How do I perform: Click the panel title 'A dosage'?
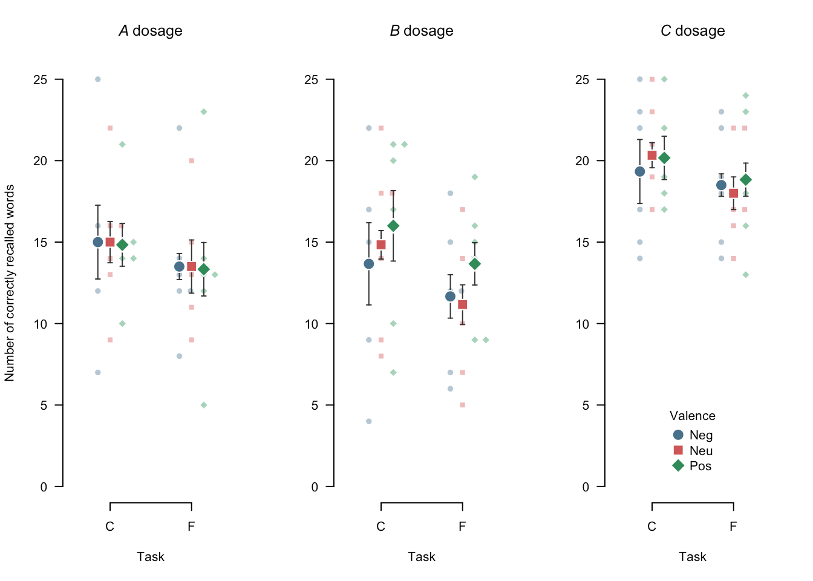coord(151,31)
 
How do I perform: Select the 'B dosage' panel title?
coord(422,31)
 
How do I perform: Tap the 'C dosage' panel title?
coord(693,31)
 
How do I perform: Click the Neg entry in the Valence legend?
coord(693,435)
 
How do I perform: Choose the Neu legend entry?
coord(693,451)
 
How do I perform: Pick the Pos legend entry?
coord(693,466)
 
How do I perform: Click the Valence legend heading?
coord(692,416)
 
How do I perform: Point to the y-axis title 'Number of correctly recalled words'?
coord(10,283)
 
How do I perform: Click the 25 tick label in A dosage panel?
coord(41,79)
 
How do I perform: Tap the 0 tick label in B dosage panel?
coord(315,487)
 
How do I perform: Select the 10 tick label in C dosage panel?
coord(583,324)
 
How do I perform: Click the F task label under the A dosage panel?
coord(191,527)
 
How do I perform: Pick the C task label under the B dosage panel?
coord(380,527)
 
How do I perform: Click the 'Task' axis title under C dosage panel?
coord(692,557)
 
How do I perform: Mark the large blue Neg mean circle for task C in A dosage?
coord(98,242)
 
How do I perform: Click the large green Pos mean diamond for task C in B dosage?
coord(393,226)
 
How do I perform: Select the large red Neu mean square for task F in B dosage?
coord(462,304)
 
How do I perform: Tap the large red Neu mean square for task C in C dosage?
coord(652,156)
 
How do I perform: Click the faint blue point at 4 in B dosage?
coord(369,421)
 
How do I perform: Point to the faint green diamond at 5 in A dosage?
coord(204,405)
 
